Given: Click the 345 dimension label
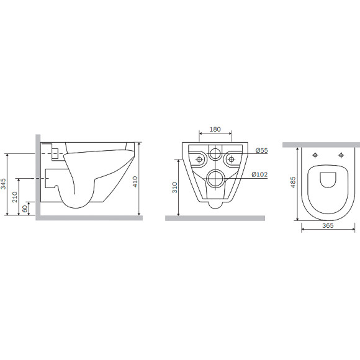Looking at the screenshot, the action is tap(4, 184).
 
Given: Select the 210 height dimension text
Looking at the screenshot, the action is tap(15, 197).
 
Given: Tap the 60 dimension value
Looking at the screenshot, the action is tap(25, 209).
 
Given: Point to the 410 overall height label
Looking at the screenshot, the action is tap(135, 182).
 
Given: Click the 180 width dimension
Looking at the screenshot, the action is tap(215, 129).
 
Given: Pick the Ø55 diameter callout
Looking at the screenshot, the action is tap(262, 150).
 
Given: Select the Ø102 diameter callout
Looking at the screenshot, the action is tap(259, 174).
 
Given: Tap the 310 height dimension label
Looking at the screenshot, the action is tap(175, 187).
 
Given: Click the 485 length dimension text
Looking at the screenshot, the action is tap(293, 182).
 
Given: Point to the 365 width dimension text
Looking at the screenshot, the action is tap(328, 225).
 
